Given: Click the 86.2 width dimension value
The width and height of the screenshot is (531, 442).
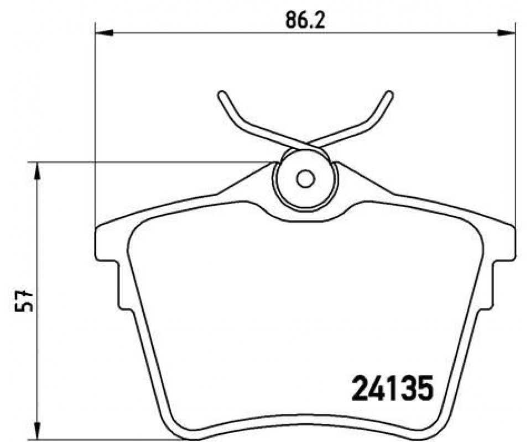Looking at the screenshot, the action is (305, 20).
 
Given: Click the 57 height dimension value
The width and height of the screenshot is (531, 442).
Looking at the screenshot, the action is (23, 301).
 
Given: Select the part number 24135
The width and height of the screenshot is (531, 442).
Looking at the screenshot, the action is (393, 388).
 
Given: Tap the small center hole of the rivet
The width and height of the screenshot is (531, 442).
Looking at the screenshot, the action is (305, 178).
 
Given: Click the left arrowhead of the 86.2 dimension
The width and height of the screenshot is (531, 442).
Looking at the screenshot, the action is (104, 33).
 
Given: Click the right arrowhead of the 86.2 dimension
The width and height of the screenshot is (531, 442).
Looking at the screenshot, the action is (507, 33).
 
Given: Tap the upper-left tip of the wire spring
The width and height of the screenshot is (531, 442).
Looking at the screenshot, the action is (222, 94).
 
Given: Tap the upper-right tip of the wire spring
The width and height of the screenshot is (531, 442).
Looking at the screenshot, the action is (389, 94).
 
